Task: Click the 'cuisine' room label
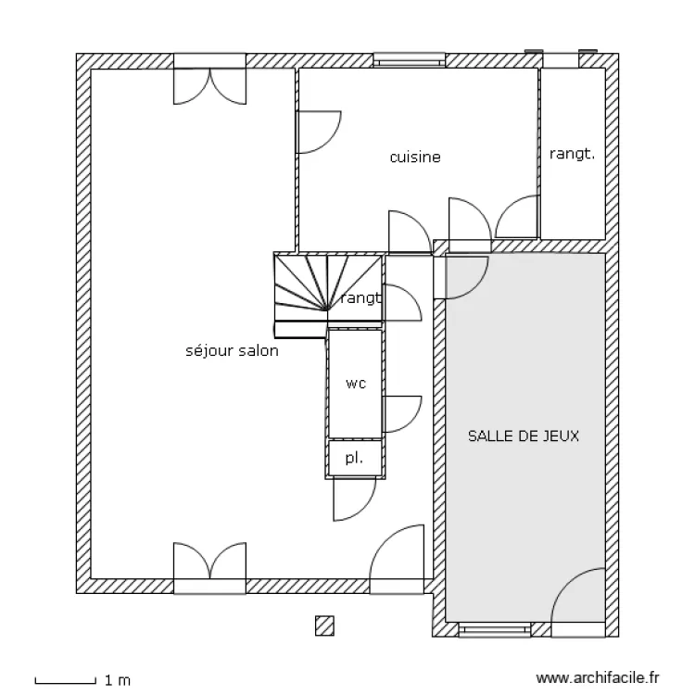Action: coord(414,158)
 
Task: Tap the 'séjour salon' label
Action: coord(232,351)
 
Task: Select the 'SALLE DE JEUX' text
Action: coord(524,436)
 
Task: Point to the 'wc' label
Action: coord(355,383)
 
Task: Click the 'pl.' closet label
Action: coord(354,458)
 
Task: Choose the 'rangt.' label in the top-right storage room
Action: coord(572,155)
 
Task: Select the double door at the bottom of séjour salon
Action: coord(209,564)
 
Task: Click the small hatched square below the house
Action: coord(323,625)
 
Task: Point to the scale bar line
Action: coord(65,681)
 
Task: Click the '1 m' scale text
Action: coord(118,681)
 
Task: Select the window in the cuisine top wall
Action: coord(410,61)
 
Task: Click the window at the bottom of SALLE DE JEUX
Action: coord(496,630)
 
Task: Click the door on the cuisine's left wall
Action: coord(318,132)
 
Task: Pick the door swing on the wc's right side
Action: coord(400,413)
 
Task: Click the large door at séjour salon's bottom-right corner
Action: coord(399,556)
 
